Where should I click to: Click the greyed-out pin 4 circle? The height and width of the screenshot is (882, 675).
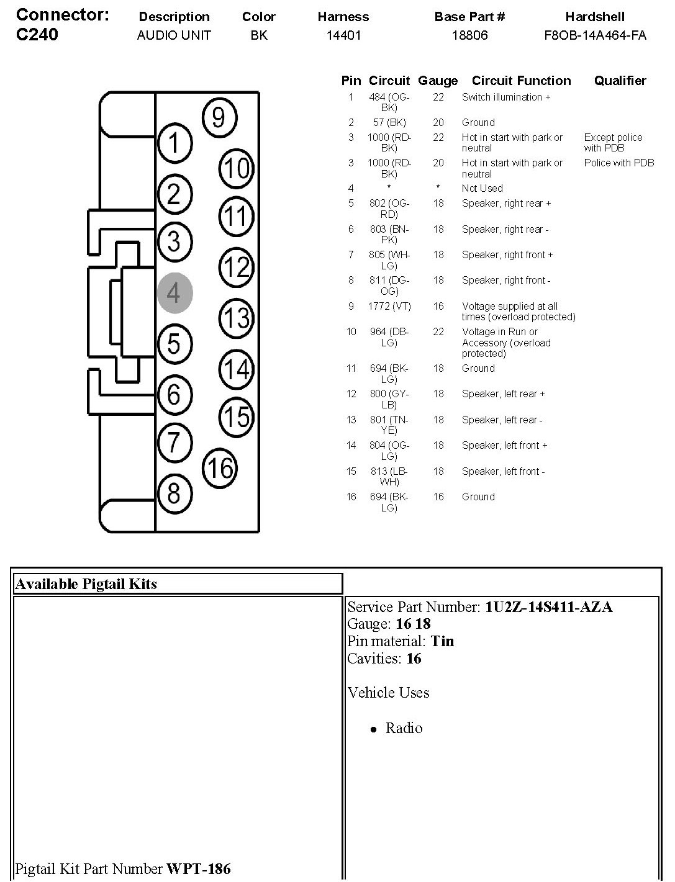click(174, 293)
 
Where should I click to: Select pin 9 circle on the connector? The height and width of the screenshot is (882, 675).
click(219, 117)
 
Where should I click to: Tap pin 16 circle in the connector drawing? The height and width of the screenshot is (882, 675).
click(220, 468)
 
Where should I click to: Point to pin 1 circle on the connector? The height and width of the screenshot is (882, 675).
click(175, 143)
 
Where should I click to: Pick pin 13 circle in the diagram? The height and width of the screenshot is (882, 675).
click(237, 318)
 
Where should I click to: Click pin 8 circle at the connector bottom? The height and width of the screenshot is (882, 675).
click(174, 493)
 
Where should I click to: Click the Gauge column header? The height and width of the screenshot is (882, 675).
click(438, 81)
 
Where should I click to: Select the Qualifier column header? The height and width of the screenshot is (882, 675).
click(620, 81)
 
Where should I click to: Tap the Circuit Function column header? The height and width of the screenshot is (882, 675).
click(521, 81)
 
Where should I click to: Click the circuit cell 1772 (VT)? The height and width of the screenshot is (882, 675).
click(390, 306)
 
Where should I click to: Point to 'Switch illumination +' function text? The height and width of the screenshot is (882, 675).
click(506, 97)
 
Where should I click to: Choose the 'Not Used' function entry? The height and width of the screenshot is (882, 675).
click(482, 188)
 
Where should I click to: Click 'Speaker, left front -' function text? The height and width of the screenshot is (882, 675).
click(503, 471)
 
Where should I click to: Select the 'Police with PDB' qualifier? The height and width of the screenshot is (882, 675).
click(618, 163)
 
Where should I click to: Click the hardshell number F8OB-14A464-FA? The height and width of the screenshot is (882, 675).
click(595, 35)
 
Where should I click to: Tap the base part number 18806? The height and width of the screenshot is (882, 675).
click(469, 35)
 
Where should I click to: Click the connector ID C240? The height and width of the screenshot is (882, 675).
click(37, 34)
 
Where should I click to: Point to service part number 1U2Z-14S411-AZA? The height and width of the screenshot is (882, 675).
click(548, 607)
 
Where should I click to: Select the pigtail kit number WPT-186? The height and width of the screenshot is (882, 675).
click(199, 868)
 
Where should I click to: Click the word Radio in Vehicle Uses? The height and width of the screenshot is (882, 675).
click(404, 728)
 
